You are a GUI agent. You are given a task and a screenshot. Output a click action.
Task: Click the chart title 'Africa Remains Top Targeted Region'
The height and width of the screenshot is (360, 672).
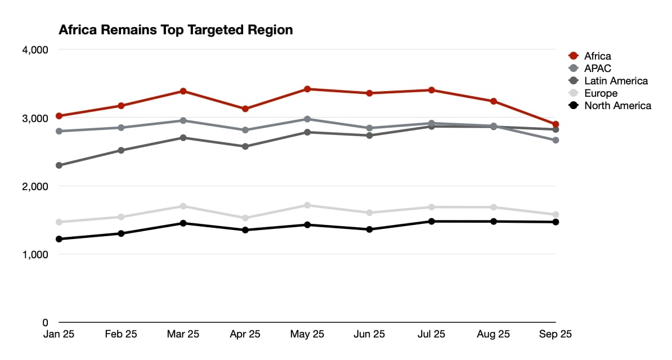tap(176, 30)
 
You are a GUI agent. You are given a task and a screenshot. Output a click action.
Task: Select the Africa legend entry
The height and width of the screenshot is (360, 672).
tap(590, 56)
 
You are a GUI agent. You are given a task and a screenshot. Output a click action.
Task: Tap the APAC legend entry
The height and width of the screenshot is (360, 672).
tap(590, 69)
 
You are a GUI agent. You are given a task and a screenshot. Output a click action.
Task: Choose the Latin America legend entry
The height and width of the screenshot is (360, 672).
tap(608, 81)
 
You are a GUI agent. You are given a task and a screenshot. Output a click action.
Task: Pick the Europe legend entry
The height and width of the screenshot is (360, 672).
tap(593, 93)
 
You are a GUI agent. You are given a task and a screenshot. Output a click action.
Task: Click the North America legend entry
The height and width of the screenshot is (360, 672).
tap(610, 105)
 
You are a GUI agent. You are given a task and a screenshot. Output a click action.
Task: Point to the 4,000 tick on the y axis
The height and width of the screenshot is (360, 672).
tap(35, 49)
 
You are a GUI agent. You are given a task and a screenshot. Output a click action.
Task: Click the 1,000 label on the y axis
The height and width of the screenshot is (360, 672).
tap(35, 255)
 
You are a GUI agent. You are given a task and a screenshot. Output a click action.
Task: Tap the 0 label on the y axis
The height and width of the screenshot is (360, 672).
tap(45, 323)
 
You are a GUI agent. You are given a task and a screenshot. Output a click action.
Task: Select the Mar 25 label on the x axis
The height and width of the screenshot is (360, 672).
tap(183, 334)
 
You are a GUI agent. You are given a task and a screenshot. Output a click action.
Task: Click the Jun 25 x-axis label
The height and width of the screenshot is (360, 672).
tap(369, 334)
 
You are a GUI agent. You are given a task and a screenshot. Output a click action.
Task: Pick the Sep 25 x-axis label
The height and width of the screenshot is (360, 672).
tap(555, 334)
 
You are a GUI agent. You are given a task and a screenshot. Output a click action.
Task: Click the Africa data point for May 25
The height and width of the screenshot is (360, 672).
tap(307, 89)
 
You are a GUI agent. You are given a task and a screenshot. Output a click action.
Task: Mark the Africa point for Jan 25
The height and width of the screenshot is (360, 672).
tap(59, 116)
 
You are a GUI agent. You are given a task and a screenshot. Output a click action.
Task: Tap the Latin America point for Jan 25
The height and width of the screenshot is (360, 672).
tap(59, 165)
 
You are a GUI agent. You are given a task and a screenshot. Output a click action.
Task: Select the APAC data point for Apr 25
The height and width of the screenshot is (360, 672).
tap(245, 130)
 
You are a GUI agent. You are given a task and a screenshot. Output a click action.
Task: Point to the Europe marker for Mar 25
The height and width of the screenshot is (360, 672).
tap(183, 206)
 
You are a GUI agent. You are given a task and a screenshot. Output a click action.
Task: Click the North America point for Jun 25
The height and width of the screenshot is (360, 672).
tap(369, 229)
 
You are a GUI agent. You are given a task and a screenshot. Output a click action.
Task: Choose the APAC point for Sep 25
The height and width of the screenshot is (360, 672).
tap(556, 140)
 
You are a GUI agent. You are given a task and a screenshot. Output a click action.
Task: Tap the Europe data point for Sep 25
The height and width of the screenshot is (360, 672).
tap(556, 214)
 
